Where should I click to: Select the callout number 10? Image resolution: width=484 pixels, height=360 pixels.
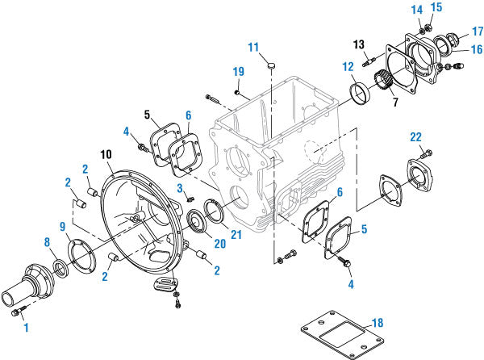tap(106, 154)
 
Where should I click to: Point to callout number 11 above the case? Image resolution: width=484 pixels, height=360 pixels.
tap(253, 46)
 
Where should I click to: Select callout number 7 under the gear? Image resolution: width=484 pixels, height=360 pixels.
tap(394, 103)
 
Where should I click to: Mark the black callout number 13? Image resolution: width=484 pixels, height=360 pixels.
tap(360, 45)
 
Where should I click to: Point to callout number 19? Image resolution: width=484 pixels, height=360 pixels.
tap(237, 73)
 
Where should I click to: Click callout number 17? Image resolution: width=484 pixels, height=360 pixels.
tap(477, 31)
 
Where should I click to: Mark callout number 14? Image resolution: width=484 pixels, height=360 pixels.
tap(416, 9)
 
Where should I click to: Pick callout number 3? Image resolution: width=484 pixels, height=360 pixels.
tap(181, 188)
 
